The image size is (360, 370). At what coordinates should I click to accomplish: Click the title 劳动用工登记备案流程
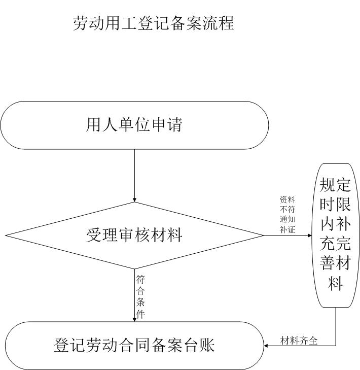[154, 23]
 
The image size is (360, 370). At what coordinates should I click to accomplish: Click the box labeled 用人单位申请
[134, 125]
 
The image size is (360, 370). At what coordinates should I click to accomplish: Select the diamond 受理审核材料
[134, 236]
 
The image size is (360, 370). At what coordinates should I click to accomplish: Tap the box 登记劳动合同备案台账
[134, 346]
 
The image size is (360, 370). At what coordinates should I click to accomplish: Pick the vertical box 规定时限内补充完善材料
[335, 235]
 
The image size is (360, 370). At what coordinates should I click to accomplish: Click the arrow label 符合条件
[141, 297]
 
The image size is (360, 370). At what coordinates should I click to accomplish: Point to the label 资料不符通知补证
[287, 214]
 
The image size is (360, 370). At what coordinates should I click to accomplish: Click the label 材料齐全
[299, 341]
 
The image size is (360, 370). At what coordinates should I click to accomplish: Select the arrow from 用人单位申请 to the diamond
[134, 175]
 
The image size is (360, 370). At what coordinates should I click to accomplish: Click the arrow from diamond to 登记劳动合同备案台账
[134, 294]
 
